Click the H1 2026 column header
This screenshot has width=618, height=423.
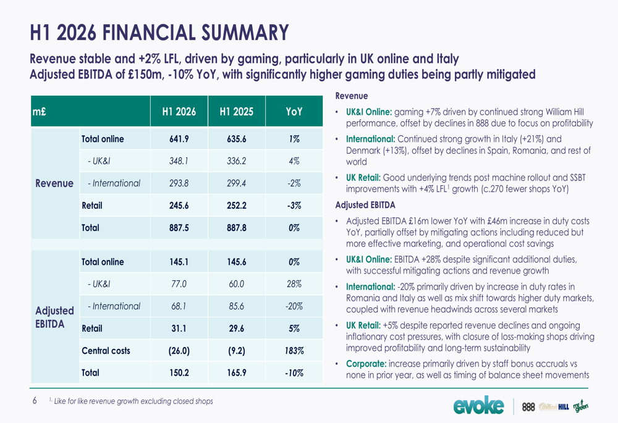coord(179,112)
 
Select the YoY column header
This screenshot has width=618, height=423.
coord(294,112)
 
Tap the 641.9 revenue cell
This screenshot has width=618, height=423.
coord(179,139)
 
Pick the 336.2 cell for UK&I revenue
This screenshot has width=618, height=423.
coord(237,161)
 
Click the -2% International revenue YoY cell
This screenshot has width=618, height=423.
coord(294,183)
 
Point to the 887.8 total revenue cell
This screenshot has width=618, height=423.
coord(237,228)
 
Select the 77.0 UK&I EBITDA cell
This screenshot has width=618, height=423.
coord(179,284)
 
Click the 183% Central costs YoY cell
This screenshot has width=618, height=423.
coord(294,351)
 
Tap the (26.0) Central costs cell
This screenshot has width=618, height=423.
coord(179,351)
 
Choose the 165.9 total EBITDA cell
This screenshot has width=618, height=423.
coord(237,372)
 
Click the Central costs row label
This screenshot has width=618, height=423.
coord(106,351)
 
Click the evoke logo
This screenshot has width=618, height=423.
coord(478,405)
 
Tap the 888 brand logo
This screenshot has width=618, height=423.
coord(528,407)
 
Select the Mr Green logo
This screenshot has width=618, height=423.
coord(580,406)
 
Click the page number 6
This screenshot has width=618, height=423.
coord(35,401)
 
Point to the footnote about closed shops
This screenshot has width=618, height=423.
coord(131,401)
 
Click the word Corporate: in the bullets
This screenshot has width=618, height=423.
coord(366,364)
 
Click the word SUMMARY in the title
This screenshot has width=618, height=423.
coord(245,32)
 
